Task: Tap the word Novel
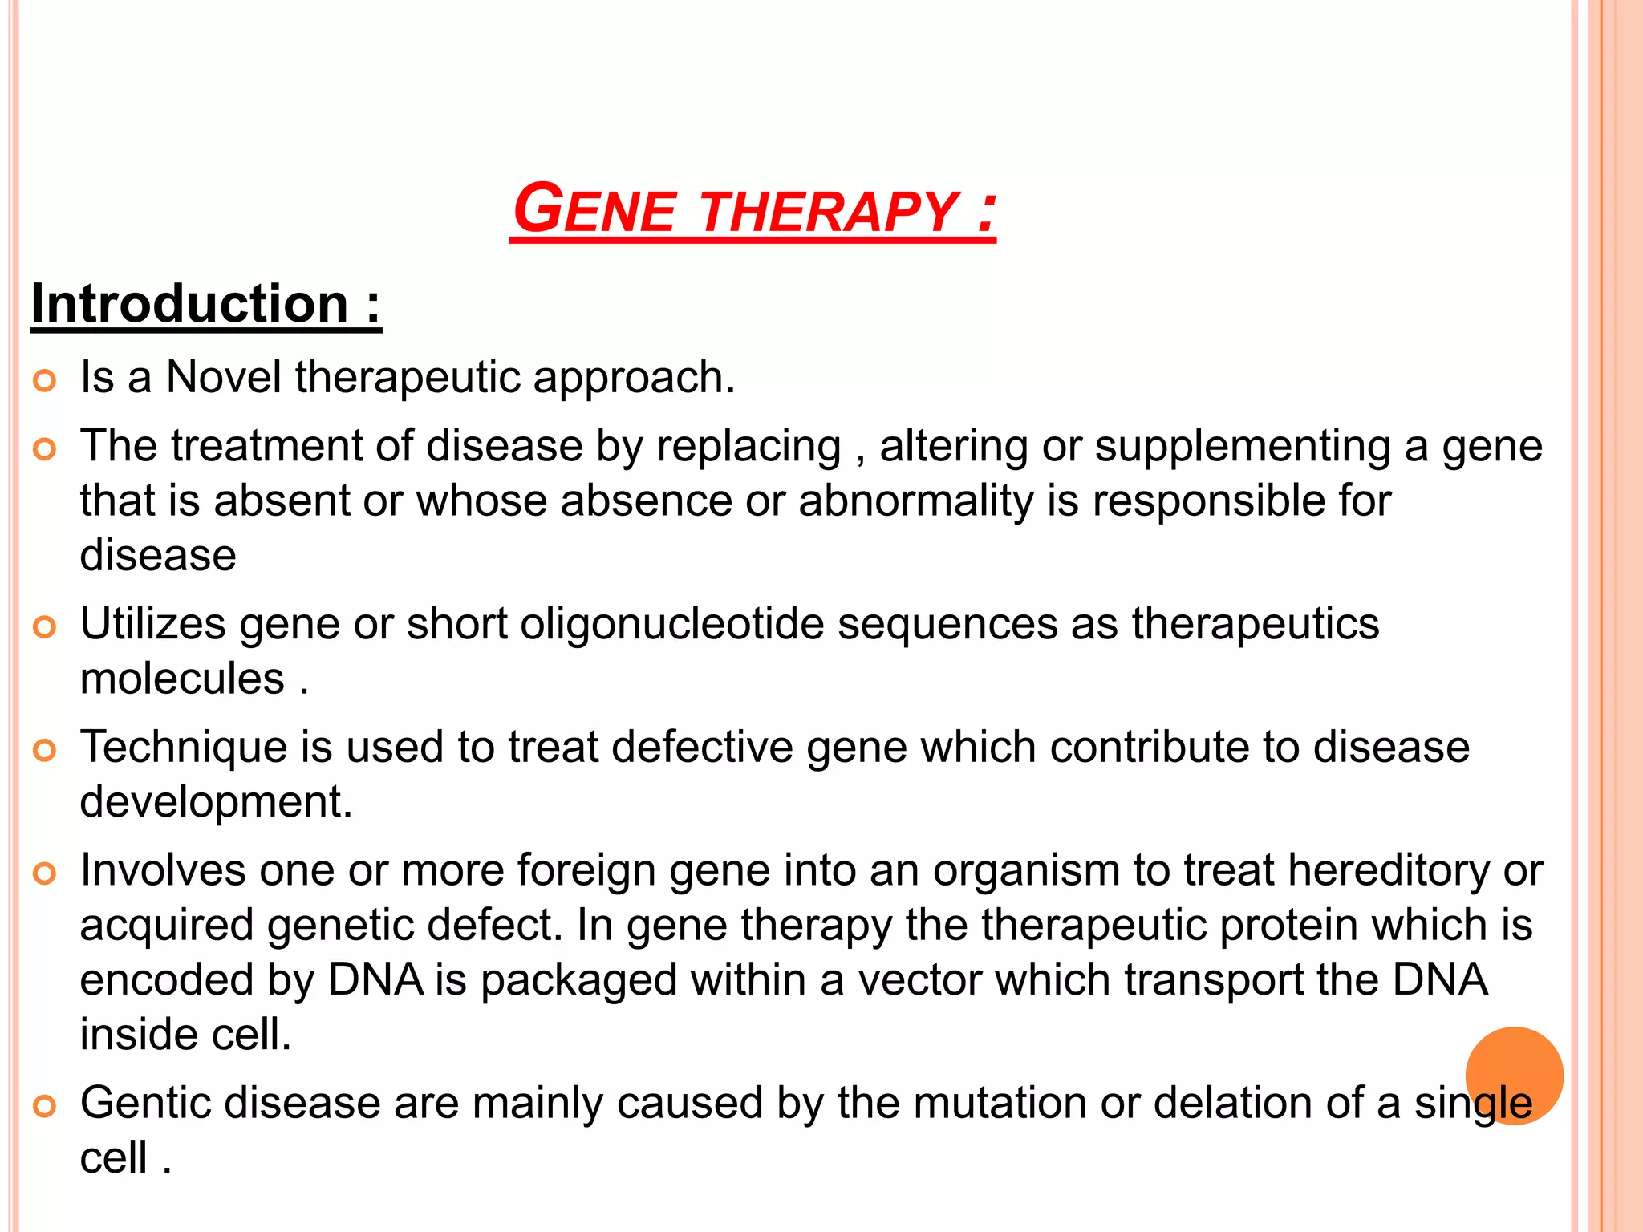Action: (x=224, y=377)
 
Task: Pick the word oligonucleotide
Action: (x=671, y=624)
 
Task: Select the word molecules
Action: (x=182, y=679)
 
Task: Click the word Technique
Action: (x=184, y=748)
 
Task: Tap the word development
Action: (x=215, y=802)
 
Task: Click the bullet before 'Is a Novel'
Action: (x=45, y=380)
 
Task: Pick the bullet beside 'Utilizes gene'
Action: (x=45, y=627)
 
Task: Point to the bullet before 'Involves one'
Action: (x=45, y=873)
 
